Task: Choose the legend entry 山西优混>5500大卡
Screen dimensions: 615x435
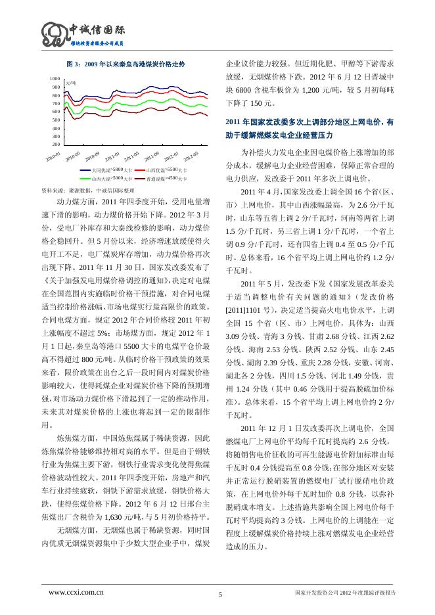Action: pyautogui.click(x=167, y=170)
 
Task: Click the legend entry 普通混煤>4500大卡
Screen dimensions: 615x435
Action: pyautogui.click(x=167, y=178)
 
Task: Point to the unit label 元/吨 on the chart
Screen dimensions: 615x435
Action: pyautogui.click(x=72, y=84)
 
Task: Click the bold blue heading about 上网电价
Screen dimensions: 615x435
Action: pyautogui.click(x=309, y=127)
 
